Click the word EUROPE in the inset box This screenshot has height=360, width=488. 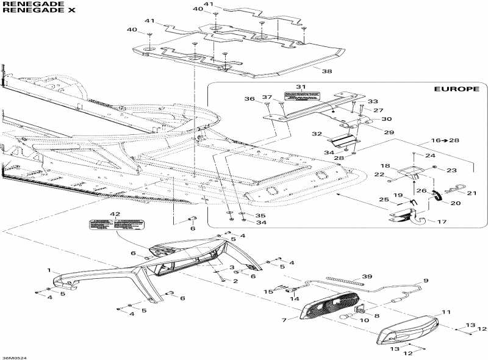coord(456,88)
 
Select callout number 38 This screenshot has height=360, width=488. coord(327,71)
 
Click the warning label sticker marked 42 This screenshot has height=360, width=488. coord(102,225)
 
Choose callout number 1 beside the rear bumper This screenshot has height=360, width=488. coord(49,269)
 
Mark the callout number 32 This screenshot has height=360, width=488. coord(317,133)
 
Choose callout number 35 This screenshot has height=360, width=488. coord(260,215)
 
